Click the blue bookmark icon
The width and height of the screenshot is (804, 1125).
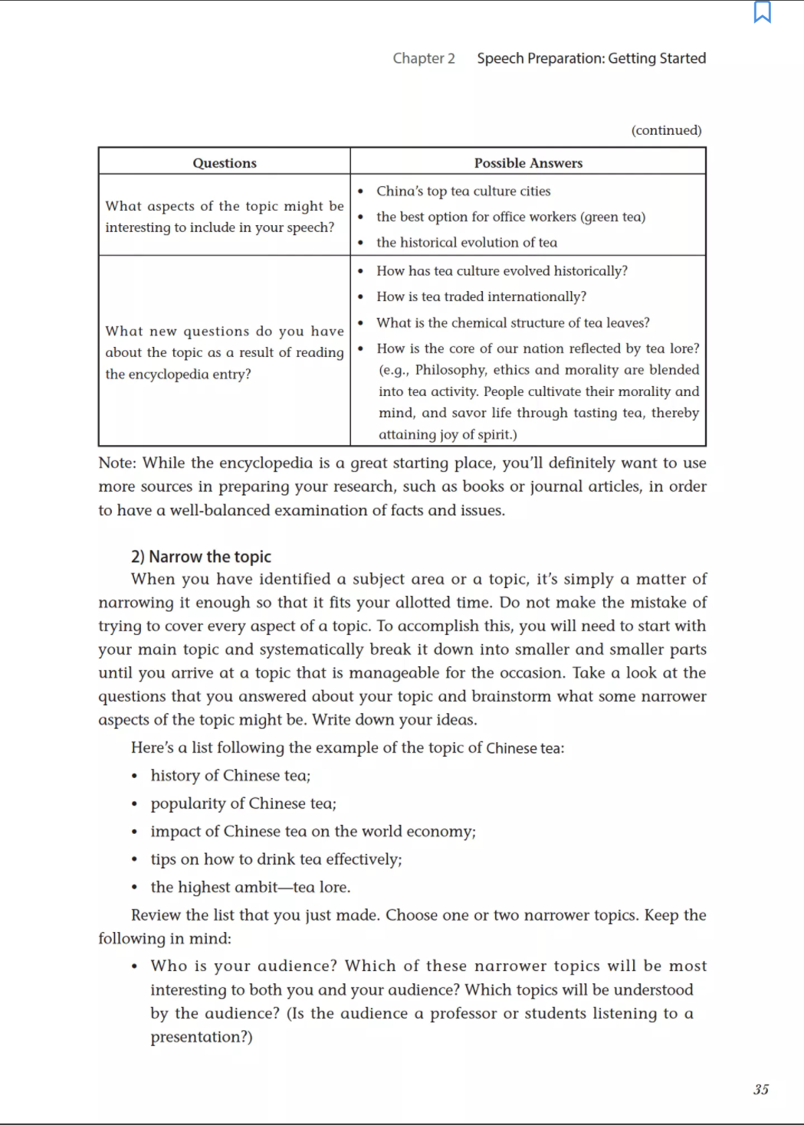click(762, 12)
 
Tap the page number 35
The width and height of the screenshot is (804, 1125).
click(760, 1089)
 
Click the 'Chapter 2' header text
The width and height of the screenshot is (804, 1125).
click(423, 58)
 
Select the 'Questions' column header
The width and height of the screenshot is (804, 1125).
click(225, 163)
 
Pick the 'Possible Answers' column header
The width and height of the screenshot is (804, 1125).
click(528, 163)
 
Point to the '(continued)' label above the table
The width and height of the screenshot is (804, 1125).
click(666, 130)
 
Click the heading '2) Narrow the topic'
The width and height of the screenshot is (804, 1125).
click(201, 557)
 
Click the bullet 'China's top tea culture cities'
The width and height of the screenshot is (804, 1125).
click(463, 191)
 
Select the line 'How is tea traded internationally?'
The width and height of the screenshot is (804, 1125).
click(481, 297)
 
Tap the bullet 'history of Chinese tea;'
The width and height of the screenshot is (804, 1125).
click(230, 776)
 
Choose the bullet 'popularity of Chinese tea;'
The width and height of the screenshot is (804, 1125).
click(243, 803)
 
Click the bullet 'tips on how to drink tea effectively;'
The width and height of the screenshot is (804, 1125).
click(276, 859)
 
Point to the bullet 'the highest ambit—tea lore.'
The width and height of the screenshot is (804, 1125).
click(250, 888)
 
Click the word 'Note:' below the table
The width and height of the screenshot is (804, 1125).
click(117, 463)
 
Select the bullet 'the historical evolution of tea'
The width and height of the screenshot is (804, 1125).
click(466, 243)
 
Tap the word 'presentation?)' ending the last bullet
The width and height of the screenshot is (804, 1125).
click(201, 1037)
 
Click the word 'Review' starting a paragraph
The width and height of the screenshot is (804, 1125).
click(156, 915)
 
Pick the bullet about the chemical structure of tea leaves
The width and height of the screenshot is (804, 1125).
click(512, 323)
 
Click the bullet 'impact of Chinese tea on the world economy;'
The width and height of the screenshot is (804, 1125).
click(313, 832)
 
